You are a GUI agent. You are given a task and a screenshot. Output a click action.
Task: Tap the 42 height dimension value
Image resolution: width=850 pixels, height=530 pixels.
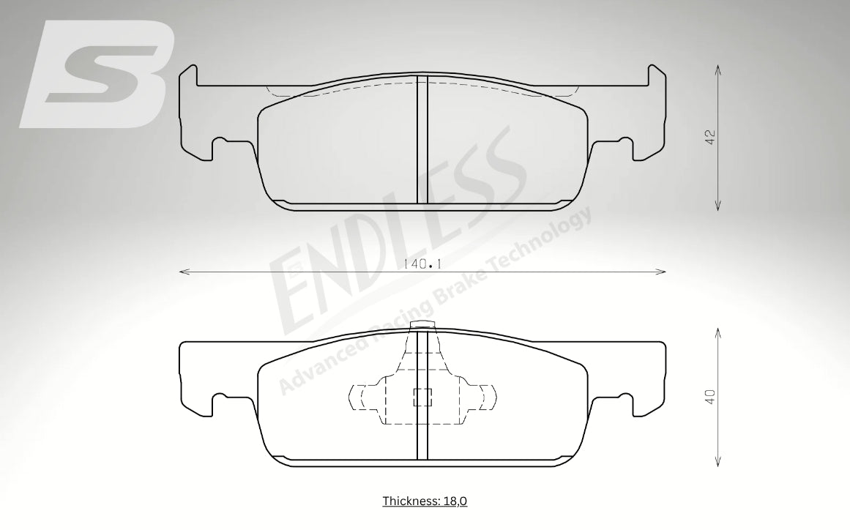(711, 137)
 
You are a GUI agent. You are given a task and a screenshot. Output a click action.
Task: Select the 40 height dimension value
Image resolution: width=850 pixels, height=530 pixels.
(711, 396)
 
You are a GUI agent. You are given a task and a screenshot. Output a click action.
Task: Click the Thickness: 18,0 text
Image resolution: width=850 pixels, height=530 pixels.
(425, 501)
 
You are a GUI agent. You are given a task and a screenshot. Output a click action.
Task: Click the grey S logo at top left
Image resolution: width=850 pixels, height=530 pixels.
(97, 75)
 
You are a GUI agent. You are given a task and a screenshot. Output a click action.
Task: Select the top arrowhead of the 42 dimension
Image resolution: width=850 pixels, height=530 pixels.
(718, 70)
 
